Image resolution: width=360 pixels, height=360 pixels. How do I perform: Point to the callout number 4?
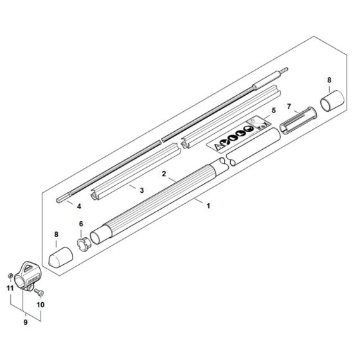79,207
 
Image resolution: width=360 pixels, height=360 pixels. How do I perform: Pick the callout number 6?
81,224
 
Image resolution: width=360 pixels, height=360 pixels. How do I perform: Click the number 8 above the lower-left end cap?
56,235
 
